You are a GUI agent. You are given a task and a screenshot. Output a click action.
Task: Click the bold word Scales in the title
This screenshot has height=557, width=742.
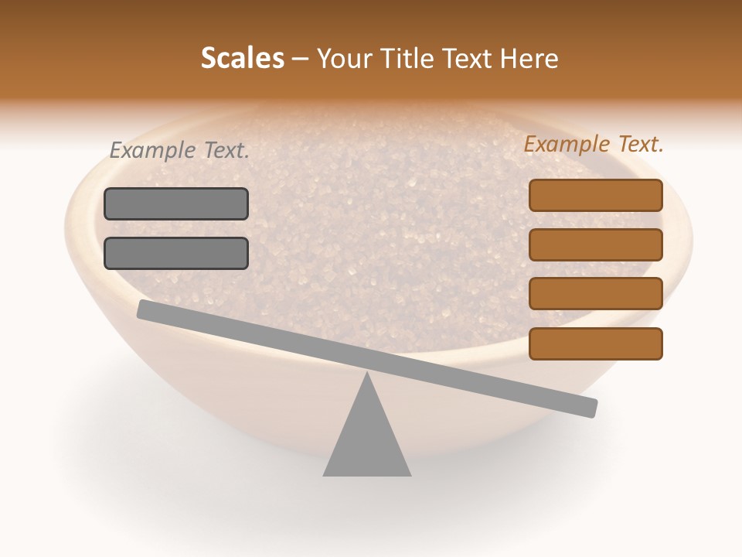(x=243, y=59)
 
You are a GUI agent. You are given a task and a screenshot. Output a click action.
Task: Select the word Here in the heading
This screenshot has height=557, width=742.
(x=529, y=59)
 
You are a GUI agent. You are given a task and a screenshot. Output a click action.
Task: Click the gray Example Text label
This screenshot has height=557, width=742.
(x=179, y=151)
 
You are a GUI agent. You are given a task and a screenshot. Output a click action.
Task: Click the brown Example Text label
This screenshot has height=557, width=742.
(x=594, y=145)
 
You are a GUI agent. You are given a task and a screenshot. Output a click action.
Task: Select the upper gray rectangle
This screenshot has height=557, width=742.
(x=176, y=203)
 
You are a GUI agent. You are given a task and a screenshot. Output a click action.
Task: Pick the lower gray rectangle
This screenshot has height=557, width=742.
(x=176, y=253)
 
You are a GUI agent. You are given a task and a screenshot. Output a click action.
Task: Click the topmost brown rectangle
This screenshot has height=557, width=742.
(x=595, y=195)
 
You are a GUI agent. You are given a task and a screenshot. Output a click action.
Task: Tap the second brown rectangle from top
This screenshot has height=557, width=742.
(x=595, y=244)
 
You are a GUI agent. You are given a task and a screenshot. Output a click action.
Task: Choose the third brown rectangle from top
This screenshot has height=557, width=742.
(x=595, y=294)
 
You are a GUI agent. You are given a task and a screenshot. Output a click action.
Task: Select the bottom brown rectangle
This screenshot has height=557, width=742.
(x=595, y=343)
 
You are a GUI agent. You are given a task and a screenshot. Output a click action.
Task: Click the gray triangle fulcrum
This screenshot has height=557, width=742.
(x=367, y=441)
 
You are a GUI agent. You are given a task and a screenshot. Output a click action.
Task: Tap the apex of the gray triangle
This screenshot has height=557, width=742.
(x=367, y=374)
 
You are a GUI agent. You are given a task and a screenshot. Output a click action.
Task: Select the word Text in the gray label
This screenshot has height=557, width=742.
(x=226, y=151)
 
